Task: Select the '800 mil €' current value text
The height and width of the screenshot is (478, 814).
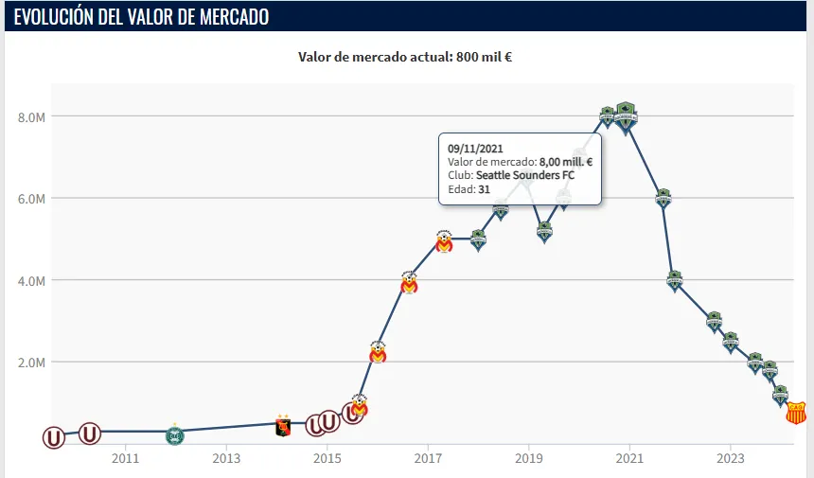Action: [484, 57]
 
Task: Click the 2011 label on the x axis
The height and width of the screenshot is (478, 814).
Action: [125, 459]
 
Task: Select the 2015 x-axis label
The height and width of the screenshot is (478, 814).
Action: [327, 459]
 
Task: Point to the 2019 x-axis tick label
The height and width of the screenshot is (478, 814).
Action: [528, 459]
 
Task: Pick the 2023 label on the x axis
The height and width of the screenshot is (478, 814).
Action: [730, 459]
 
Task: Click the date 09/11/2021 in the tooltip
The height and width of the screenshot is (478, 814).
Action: [475, 149]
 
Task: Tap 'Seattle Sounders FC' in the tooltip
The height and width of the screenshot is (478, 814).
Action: [524, 175]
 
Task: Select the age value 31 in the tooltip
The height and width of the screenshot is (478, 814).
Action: [484, 188]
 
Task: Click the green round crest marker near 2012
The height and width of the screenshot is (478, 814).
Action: [174, 434]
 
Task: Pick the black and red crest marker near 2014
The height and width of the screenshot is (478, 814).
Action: [282, 427]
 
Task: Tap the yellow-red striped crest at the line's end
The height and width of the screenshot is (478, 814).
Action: [796, 412]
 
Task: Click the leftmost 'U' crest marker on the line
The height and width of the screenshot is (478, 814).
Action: [55, 437]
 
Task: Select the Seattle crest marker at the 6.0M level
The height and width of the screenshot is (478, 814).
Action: [664, 198]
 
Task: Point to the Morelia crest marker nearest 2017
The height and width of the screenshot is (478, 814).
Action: [444, 242]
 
